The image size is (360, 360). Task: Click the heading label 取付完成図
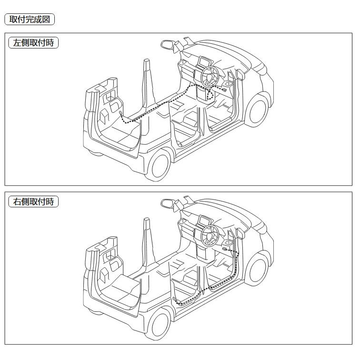(x=30, y=20)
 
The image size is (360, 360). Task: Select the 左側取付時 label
(x=34, y=42)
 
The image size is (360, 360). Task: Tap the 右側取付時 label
(x=34, y=201)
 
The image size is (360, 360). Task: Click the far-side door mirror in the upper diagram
(x=167, y=44)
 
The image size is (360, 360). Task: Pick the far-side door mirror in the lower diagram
(x=167, y=203)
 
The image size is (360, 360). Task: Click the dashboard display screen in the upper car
(x=203, y=61)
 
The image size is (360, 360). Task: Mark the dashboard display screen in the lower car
(x=203, y=220)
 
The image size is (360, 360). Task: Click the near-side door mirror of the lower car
(x=240, y=233)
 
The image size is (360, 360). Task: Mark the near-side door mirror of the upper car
(x=240, y=74)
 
